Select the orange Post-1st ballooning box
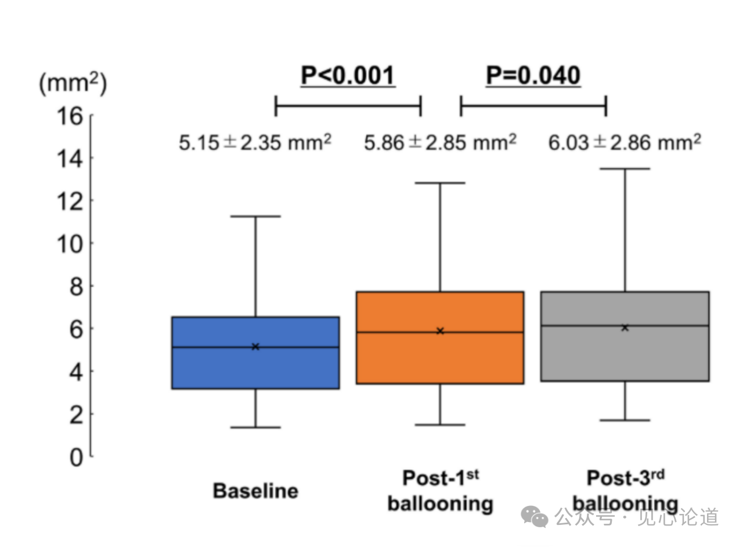coord(440,360)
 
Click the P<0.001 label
coord(348,76)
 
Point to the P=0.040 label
coord(533,76)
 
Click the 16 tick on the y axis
coord(70,116)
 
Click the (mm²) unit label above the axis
coord(73,85)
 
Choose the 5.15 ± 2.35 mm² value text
coord(255,142)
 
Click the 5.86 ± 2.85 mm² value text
coord(440,142)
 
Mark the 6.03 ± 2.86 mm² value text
coord(625,142)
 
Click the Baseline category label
coord(255,491)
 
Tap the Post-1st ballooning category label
coord(440,491)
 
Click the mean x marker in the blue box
coord(255,347)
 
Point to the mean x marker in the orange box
coord(440,331)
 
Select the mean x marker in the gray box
coord(625,328)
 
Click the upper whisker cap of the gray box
coord(625,168)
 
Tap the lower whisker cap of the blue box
coord(255,427)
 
